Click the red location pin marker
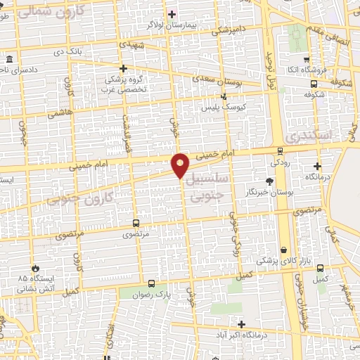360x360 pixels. [181, 165]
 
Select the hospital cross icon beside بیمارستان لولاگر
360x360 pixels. [172, 13]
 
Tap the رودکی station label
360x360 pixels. [280, 162]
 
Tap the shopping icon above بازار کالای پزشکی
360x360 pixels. [283, 250]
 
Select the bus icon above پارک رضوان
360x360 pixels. [151, 284]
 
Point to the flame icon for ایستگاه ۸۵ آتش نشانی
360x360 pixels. [34, 268]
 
